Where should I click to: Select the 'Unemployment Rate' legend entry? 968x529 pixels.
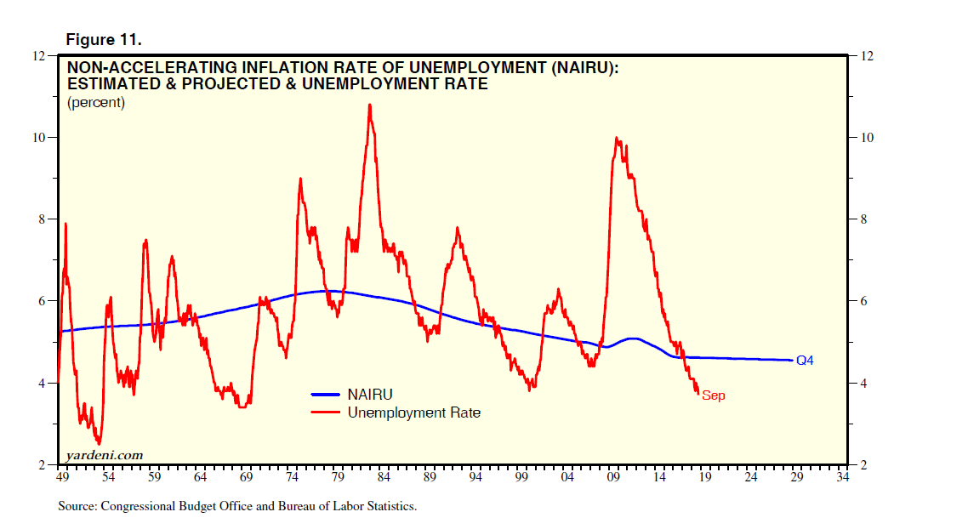413,412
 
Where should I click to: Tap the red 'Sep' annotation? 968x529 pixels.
714,395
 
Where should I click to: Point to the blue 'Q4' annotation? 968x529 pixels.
805,361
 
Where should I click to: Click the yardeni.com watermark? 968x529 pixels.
100,455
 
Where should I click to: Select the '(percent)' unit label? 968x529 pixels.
95,103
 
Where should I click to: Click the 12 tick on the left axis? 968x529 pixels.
38,56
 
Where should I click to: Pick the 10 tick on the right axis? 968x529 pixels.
868,138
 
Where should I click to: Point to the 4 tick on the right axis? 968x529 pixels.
865,383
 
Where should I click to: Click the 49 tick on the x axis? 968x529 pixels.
61,478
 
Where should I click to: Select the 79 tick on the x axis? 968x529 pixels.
338,478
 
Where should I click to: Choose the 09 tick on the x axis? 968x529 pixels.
613,478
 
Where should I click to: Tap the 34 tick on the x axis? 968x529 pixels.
843,478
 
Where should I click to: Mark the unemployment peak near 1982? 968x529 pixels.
369,105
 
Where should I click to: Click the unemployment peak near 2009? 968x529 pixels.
616,138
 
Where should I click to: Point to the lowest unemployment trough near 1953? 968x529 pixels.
99,443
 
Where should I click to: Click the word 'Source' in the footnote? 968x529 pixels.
77,506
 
